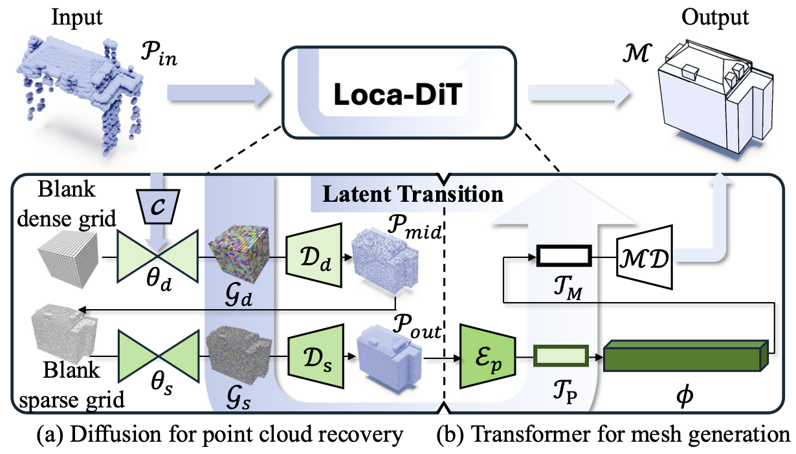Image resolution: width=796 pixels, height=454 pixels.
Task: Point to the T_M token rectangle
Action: point(563,256)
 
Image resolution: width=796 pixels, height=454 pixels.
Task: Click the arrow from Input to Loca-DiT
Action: point(217,94)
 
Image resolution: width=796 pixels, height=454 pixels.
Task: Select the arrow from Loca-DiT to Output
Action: point(579,94)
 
